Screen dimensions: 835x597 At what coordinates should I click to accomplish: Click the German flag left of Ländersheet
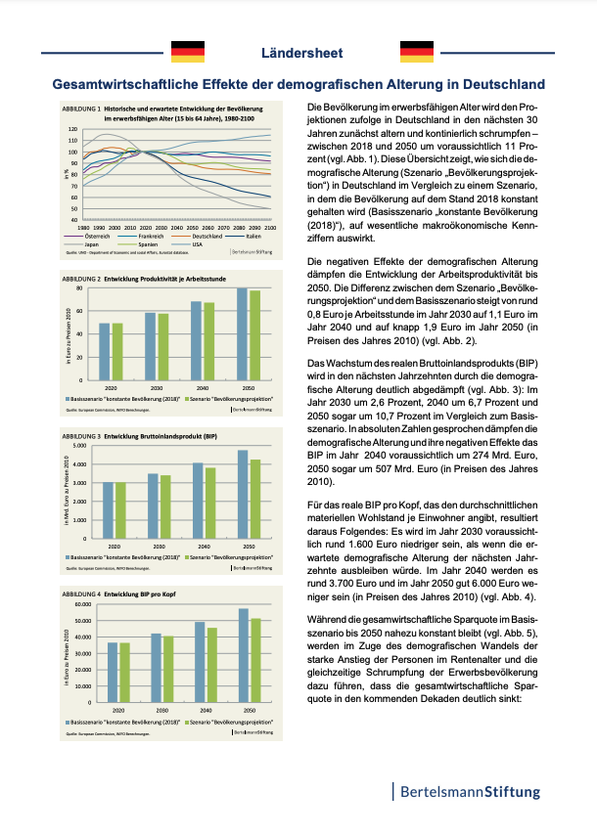tap(188, 52)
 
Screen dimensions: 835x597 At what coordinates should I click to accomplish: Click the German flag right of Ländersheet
tap(417, 52)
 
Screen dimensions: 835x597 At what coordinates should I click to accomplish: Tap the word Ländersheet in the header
tap(301, 53)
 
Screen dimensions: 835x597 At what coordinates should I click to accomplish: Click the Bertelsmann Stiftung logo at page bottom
tap(466, 791)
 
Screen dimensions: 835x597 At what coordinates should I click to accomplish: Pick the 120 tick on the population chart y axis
tap(71, 129)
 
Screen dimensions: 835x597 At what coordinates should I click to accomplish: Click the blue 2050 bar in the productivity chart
tap(242, 325)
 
